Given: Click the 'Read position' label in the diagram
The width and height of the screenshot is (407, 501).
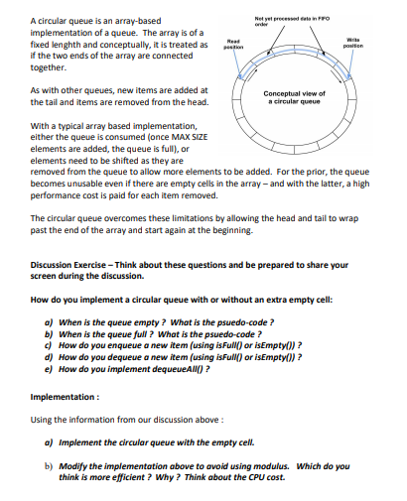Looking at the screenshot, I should click(x=233, y=44).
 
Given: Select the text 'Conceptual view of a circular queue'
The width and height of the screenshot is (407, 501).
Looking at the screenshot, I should click(x=290, y=97).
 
